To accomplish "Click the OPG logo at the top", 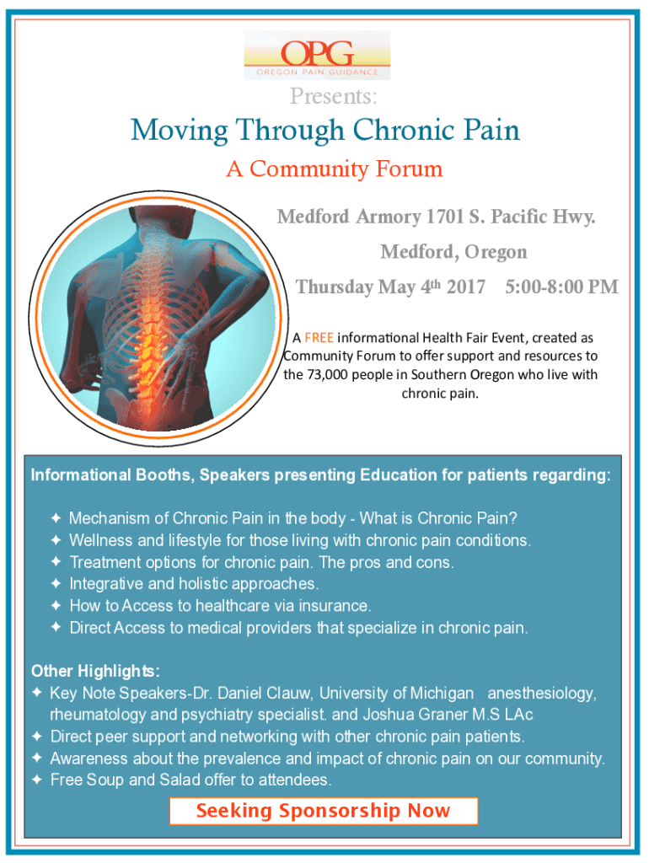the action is [317, 55].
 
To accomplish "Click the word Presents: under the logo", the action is [334, 96].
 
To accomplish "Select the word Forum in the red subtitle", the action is [409, 169].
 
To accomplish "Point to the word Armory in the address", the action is [389, 217].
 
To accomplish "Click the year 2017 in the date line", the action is [466, 287].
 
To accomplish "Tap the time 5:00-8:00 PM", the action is [562, 287].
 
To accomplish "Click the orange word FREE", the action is [319, 338].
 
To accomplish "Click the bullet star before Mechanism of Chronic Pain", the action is [56, 518].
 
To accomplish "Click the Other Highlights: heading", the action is [96, 672].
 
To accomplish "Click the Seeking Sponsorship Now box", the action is [324, 811].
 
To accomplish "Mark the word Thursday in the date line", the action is [335, 287].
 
